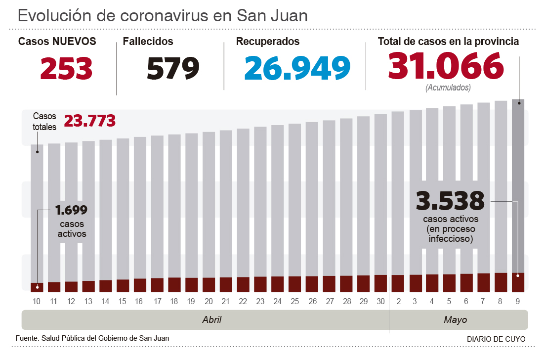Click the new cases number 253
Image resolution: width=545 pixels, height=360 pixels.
[66, 68]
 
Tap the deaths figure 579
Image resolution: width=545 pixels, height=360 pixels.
[173, 68]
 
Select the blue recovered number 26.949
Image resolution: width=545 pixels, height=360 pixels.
[297, 68]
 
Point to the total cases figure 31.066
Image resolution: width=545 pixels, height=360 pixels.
[446, 66]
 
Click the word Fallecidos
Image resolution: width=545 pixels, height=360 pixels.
[148, 42]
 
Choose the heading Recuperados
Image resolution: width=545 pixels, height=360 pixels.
[268, 42]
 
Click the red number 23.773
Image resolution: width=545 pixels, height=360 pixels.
[89, 121]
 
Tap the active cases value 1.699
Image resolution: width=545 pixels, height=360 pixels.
[72, 210]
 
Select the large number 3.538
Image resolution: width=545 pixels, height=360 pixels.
[450, 201]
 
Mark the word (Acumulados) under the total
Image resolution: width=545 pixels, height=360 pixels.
[448, 88]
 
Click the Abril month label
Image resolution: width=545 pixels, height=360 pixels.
[211, 320]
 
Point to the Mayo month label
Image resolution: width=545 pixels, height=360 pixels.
[455, 320]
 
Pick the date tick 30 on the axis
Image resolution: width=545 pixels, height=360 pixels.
[380, 301]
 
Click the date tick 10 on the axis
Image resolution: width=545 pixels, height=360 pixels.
[37, 301]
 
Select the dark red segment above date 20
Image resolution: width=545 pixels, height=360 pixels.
[209, 284]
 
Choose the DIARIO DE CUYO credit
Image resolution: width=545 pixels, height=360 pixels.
[496, 339]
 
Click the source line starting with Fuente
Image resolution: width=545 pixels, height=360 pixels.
[92, 338]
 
